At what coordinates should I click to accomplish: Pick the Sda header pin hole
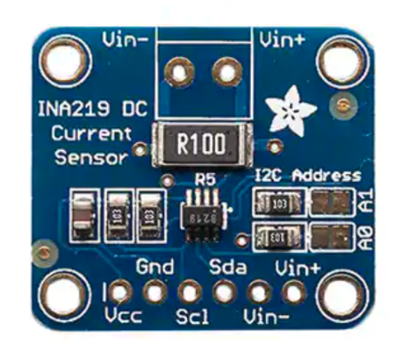[x=223, y=292]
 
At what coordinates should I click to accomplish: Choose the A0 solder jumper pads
[x=330, y=237]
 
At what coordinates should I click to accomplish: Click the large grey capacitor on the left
[x=81, y=214]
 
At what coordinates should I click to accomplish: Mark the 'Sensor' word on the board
[x=90, y=157]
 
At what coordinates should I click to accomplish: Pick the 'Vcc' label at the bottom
[x=122, y=316]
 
